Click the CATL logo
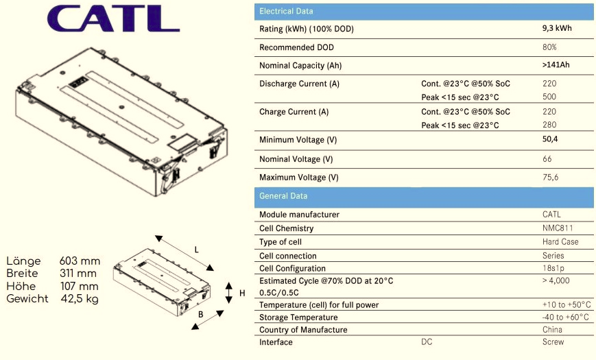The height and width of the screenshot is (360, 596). click(113, 19)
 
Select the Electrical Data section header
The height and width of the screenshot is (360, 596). click(286, 11)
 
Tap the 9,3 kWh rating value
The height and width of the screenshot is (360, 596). click(557, 28)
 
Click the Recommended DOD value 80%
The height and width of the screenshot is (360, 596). click(549, 47)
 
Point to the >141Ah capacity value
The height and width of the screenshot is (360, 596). click(556, 64)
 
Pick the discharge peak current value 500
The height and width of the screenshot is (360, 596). click(549, 97)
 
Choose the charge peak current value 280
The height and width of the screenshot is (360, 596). click(549, 125)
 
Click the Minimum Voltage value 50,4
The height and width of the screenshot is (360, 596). click(550, 139)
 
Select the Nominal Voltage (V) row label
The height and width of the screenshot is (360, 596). click(296, 159)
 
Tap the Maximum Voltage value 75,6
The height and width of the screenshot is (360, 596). click(550, 177)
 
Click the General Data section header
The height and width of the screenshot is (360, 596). click(283, 196)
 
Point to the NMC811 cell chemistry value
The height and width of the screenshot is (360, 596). click(558, 228)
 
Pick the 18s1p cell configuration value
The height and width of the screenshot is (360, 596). click(553, 268)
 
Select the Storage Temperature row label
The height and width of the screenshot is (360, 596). click(298, 317)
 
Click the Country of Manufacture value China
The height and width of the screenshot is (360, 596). click(552, 330)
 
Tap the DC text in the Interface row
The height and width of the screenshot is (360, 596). click(427, 341)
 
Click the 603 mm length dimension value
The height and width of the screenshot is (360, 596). click(80, 261)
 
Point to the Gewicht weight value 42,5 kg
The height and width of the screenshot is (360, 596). click(80, 299)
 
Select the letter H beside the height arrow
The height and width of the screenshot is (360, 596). click(242, 293)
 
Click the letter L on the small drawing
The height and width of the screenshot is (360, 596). click(197, 250)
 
